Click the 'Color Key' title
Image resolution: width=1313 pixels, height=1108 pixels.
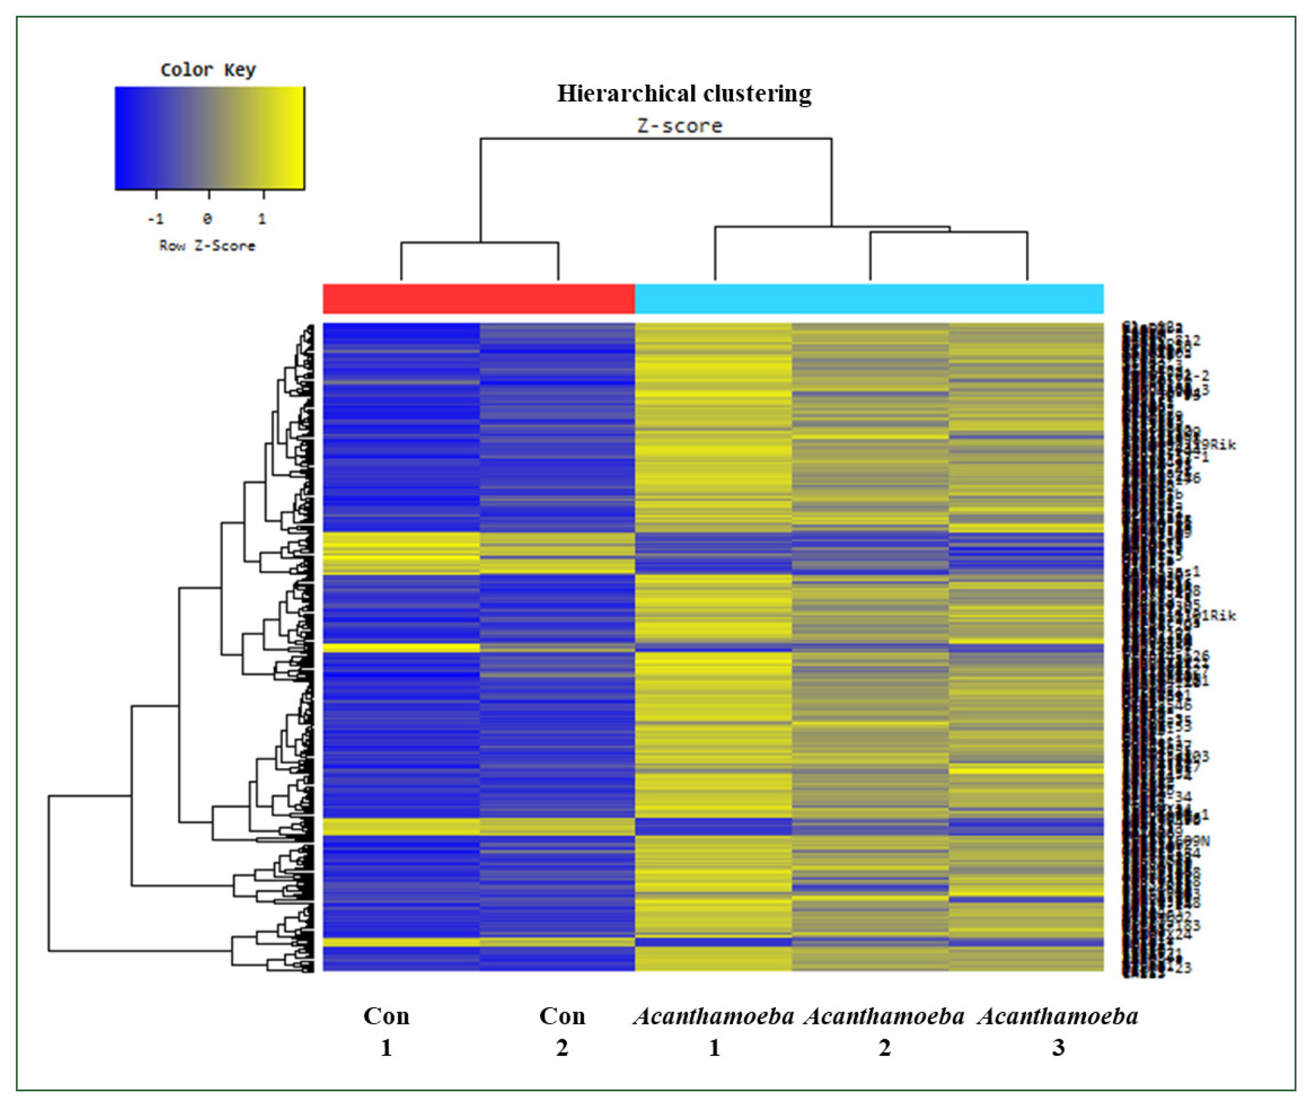tap(208, 70)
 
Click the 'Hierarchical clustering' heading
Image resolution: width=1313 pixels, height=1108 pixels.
tap(684, 94)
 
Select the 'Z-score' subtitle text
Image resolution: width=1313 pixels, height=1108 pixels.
tap(680, 126)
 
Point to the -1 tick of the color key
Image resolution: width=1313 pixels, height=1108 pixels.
tap(156, 218)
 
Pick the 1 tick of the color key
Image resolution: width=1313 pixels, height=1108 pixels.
tap(262, 218)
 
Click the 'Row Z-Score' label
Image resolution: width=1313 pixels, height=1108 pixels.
tap(207, 246)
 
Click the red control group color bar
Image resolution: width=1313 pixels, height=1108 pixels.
tap(479, 299)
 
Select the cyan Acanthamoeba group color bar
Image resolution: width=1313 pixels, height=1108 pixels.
tap(869, 299)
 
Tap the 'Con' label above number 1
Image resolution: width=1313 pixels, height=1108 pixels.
tap(387, 1016)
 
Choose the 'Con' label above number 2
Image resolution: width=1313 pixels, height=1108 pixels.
tap(562, 1016)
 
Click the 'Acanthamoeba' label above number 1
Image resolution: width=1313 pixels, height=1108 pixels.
tap(713, 1016)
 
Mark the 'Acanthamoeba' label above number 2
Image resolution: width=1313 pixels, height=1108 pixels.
tap(884, 1016)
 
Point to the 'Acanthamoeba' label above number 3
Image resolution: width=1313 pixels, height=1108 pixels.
tap(1058, 1016)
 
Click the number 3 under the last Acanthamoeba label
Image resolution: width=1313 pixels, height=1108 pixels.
tap(1059, 1048)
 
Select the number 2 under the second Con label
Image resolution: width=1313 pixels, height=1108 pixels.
tap(562, 1048)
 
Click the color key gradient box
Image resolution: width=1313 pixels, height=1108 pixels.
tap(209, 138)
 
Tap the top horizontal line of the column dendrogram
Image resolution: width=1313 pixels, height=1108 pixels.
tap(656, 139)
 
